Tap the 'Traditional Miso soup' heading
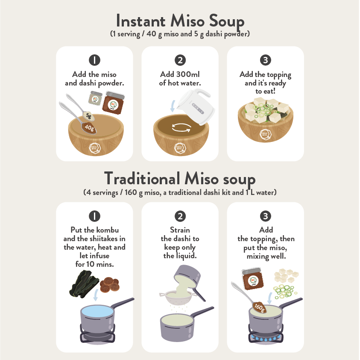click(180, 179)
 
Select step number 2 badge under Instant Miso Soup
click(180, 60)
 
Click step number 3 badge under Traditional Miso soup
click(265, 216)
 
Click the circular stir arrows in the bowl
click(181, 127)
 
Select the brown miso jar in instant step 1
click(113, 103)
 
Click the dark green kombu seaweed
click(84, 284)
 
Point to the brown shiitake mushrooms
click(109, 284)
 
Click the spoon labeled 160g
click(249, 298)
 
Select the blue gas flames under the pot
click(266, 338)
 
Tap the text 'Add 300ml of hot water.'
click(180, 78)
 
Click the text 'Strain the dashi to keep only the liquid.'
click(180, 243)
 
